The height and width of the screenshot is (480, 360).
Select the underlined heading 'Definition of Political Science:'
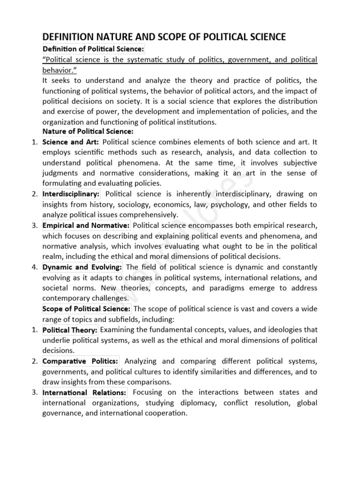pos(94,49)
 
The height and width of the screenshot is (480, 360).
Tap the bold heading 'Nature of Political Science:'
pos(88,131)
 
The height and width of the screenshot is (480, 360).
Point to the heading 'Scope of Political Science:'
pos(86,308)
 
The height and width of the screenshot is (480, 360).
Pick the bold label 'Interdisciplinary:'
pos(71,194)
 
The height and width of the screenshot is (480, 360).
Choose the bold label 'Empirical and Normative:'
pos(86,225)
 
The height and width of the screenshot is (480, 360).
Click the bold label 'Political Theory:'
pos(70,330)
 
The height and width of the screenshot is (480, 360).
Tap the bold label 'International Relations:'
pos(84,392)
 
